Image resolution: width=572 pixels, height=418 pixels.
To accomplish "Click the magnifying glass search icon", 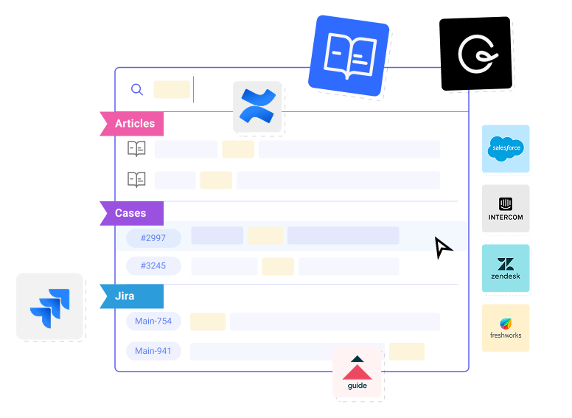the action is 137,89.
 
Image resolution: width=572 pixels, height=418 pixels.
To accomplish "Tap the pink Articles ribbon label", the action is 132,124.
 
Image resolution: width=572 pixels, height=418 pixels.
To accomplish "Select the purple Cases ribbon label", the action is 132,213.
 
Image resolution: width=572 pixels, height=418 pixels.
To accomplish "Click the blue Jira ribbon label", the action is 132,296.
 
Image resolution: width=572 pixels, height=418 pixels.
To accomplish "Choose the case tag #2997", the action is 153,238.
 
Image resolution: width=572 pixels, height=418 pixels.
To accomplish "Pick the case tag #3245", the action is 153,266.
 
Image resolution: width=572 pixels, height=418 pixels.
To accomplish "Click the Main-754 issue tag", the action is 153,321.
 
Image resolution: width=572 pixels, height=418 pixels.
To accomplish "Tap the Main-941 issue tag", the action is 153,351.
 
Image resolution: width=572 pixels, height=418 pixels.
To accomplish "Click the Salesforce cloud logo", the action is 506,148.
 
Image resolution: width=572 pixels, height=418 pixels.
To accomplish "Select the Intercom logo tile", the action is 506,209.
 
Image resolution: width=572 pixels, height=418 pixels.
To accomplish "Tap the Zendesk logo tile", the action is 506,268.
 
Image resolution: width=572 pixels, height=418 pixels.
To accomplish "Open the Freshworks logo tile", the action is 506,328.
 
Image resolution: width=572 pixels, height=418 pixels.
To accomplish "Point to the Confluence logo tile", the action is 257,106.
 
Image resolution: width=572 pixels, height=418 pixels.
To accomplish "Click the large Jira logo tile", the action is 49,307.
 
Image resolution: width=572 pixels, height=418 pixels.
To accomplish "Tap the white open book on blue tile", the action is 349,56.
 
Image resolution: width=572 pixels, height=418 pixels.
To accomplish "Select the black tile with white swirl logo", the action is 475,54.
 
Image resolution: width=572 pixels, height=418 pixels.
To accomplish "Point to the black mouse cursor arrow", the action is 442,247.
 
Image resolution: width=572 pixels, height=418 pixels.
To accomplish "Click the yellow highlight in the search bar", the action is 172,90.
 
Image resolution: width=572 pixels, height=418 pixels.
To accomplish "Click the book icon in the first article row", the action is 136,149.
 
